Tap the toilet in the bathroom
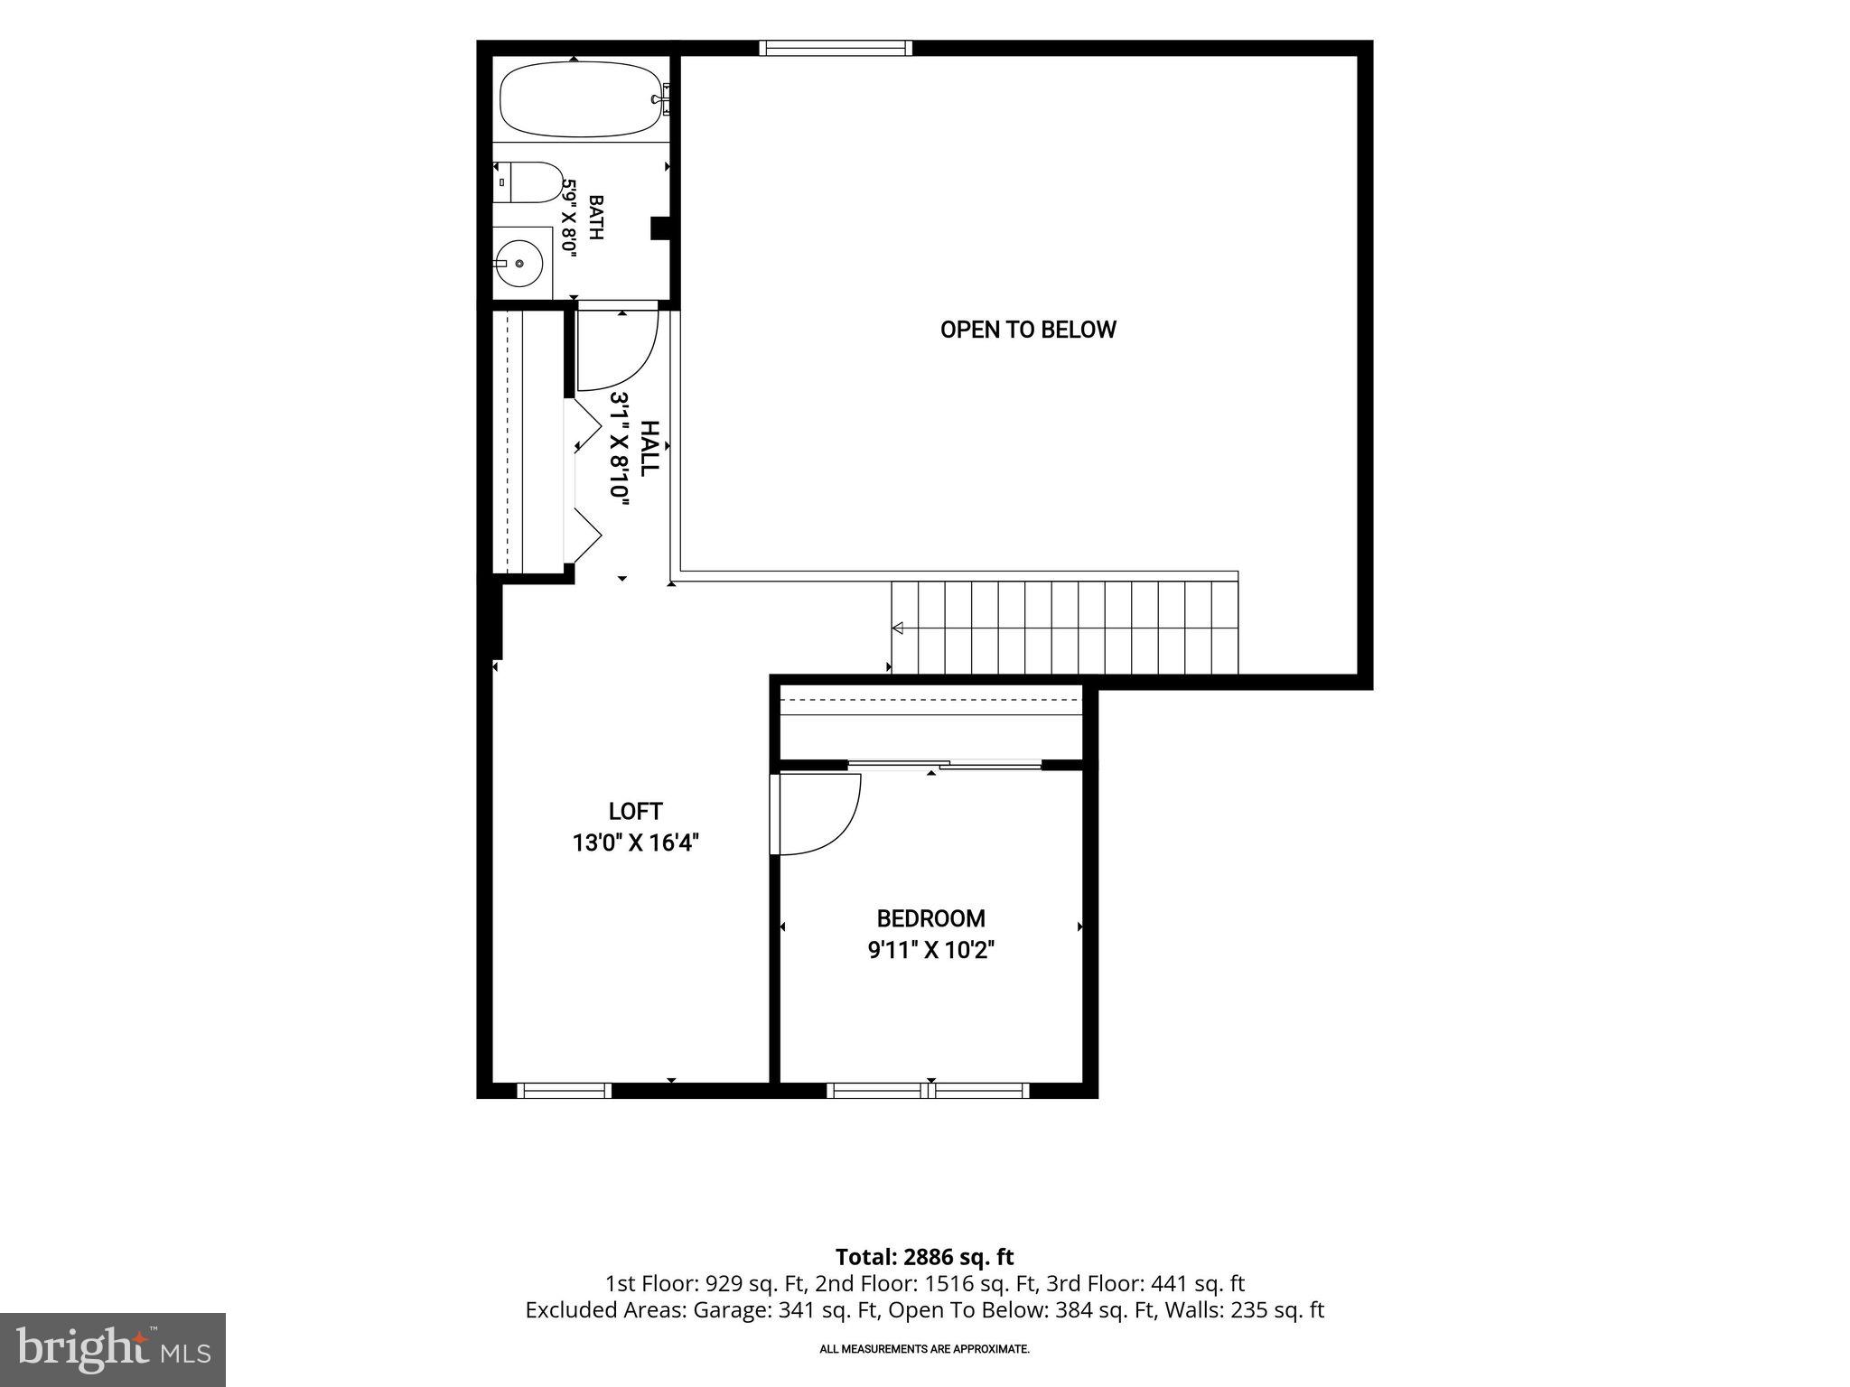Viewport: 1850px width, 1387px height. pyautogui.click(x=529, y=183)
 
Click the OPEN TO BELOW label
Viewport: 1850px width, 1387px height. pyautogui.click(x=1028, y=330)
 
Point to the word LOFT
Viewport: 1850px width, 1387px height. pyautogui.click(x=636, y=811)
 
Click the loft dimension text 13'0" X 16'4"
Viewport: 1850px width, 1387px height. pyautogui.click(x=636, y=842)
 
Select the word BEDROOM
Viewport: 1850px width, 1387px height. pyautogui.click(x=930, y=918)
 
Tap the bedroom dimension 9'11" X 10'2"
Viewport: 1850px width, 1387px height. pyautogui.click(x=930, y=950)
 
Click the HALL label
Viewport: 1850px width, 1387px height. pyautogui.click(x=649, y=449)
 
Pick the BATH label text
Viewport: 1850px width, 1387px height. pyautogui.click(x=596, y=218)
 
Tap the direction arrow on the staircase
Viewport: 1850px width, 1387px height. pyautogui.click(x=897, y=628)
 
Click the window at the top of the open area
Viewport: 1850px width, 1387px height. pyautogui.click(x=836, y=48)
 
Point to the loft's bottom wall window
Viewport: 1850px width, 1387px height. pyautogui.click(x=565, y=1091)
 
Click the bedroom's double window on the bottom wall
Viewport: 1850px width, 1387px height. pyautogui.click(x=929, y=1091)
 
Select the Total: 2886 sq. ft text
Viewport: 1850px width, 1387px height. pyautogui.click(x=924, y=1257)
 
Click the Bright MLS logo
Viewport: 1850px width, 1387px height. pyautogui.click(x=113, y=1349)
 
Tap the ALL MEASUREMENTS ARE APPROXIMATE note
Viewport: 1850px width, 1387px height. pyautogui.click(x=924, y=1349)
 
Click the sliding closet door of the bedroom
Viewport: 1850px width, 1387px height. pyautogui.click(x=945, y=765)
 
